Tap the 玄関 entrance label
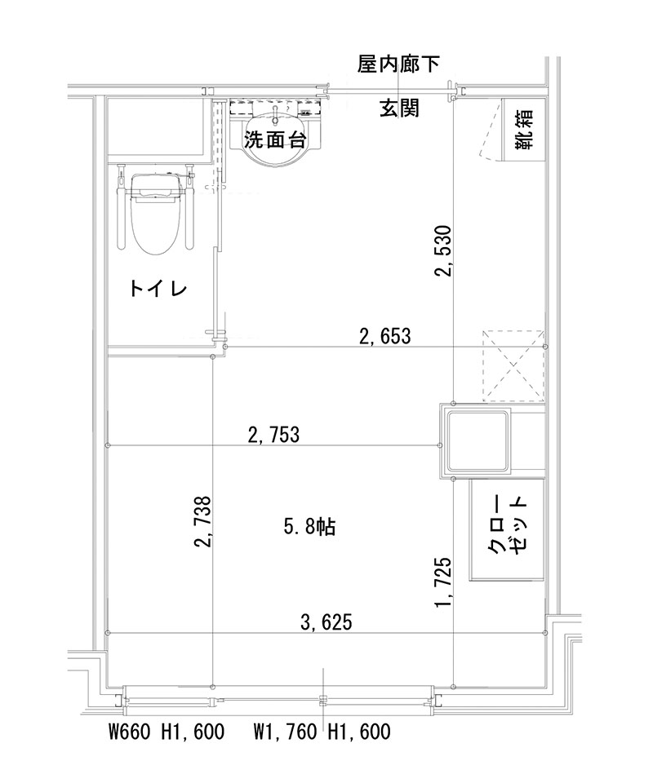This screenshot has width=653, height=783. (399, 108)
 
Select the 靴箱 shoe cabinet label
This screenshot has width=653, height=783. (523, 130)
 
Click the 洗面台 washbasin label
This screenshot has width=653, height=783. (275, 139)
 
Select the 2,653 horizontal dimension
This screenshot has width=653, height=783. (384, 335)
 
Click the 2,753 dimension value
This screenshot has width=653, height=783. (273, 435)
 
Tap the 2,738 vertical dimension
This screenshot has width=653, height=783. (203, 521)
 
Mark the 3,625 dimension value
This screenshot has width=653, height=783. (326, 623)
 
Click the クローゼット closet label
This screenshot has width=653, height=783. (508, 527)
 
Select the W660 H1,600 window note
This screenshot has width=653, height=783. (166, 732)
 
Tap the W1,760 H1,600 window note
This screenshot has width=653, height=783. (322, 732)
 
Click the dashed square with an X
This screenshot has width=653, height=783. (513, 366)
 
